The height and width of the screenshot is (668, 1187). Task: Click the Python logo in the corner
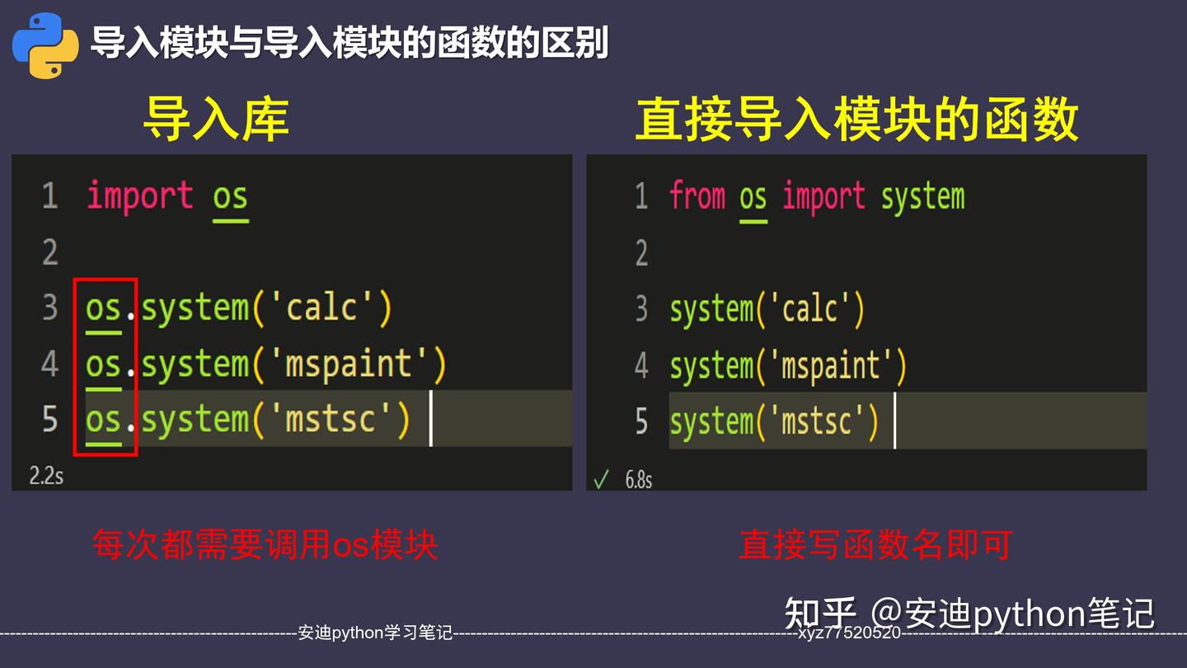coord(45,45)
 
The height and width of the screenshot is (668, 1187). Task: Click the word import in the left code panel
coord(140,196)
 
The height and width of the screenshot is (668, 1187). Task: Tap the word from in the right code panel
coord(697,196)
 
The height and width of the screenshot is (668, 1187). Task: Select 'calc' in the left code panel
coord(321,308)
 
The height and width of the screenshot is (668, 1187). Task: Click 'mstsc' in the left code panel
coord(331,420)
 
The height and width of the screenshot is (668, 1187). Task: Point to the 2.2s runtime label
coord(46,476)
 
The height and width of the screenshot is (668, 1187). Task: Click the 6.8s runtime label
coord(638,479)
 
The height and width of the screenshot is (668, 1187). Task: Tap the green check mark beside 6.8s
coord(602,479)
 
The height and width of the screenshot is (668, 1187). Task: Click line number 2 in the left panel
coord(50,252)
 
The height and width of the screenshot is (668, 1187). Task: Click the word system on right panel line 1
coord(922,197)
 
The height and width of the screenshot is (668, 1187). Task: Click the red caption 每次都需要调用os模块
coord(265,545)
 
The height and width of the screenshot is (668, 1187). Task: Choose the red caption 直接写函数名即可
coord(875,545)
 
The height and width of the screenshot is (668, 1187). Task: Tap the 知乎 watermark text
coord(820,614)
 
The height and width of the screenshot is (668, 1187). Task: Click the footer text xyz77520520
coord(849,633)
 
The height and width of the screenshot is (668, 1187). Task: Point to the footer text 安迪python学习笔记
coord(375,633)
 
